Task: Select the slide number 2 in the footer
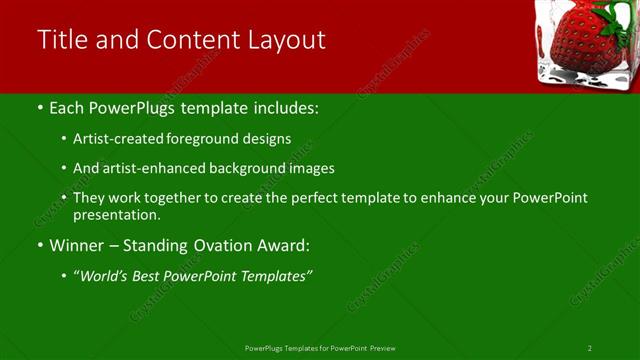(x=590, y=348)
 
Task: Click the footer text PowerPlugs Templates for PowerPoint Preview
(x=320, y=348)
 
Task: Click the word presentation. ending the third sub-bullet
(x=116, y=214)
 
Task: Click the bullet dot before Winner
(x=39, y=245)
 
